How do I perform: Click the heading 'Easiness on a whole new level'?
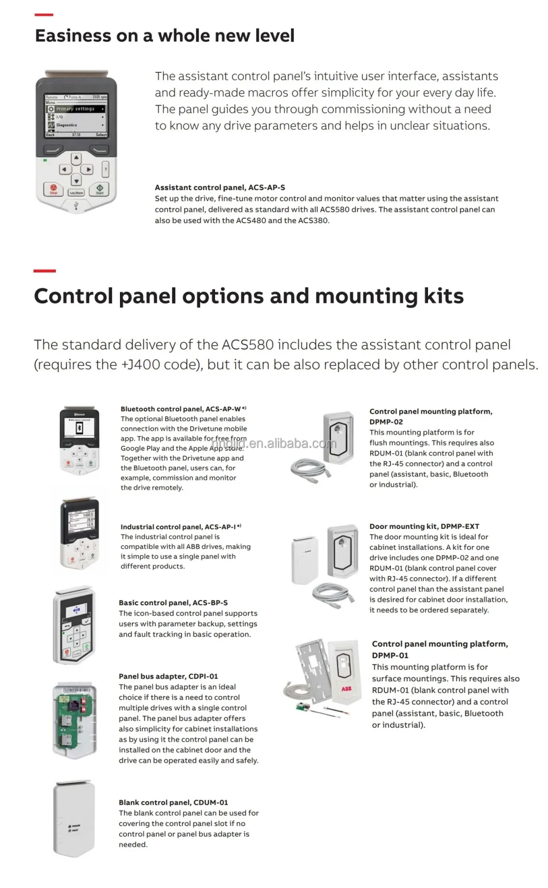point(164,36)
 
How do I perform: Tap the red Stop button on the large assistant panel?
point(53,189)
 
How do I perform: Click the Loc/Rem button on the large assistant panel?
point(77,192)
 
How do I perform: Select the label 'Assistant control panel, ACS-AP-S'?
point(220,188)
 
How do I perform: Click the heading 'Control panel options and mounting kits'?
point(249,296)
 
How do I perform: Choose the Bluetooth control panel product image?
point(79,440)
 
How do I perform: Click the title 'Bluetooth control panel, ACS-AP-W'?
point(180,409)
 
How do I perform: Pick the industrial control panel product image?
point(80,533)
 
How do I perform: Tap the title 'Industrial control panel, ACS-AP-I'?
point(178,527)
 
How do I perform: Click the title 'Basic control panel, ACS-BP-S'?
point(173,603)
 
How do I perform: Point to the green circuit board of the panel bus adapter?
point(74,719)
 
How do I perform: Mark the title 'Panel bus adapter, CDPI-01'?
point(169,676)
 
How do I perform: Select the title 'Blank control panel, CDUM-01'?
point(173,803)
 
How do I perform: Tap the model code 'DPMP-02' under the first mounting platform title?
point(386,422)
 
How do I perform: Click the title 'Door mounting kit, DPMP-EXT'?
point(424,526)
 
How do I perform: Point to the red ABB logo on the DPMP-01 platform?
point(346,689)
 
